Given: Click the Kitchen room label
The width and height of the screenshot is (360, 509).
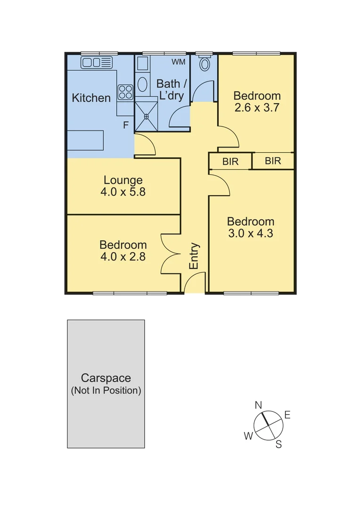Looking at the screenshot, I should tap(91, 98).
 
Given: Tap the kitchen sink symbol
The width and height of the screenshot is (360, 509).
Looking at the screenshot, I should tap(97, 62).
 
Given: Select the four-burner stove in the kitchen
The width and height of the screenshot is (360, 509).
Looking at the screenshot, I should tap(125, 92).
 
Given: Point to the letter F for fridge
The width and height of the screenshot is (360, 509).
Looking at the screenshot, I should tap(126, 125).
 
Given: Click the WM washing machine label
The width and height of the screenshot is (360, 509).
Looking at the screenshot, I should tap(178, 62).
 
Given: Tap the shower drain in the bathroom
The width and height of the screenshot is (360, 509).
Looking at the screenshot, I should tap(146, 116).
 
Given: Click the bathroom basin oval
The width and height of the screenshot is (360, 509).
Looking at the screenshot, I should tap(142, 85).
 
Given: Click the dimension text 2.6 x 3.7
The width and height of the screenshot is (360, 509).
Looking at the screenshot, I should tap(257, 107).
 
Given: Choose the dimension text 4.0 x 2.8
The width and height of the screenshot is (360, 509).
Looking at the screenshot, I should tap(123, 257).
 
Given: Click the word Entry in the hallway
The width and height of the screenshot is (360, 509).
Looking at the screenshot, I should tap(194, 256).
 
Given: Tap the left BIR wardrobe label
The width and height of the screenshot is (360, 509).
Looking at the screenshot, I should tap(230, 162).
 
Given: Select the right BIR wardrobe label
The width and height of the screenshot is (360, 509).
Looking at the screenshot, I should tap(273, 161).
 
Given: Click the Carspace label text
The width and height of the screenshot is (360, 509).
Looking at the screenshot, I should tap(106, 378).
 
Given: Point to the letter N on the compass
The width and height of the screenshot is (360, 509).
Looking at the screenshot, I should tap(258, 405).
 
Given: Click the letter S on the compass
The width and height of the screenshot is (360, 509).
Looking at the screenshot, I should tap(278, 444).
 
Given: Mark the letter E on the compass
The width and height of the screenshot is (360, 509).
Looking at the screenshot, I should tap(287, 415).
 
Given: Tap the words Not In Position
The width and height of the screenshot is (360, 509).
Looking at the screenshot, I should tap(106, 391).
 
